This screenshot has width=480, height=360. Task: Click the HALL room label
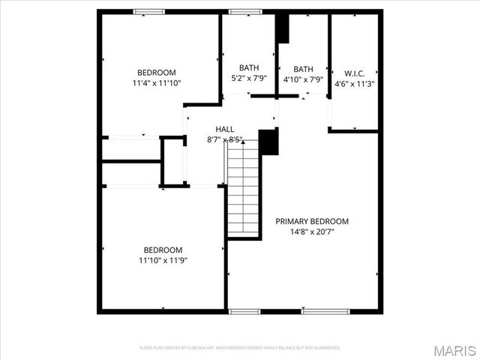click(225, 129)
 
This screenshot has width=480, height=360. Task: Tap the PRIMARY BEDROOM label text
click(312, 221)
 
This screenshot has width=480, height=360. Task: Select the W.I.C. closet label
click(354, 73)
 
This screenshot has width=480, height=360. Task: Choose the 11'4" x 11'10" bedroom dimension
click(156, 83)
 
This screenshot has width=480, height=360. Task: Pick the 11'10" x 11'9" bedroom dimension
click(163, 260)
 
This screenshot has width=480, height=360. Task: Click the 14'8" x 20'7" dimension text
click(312, 232)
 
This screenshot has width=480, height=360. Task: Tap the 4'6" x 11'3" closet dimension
click(354, 83)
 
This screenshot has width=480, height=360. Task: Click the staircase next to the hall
click(243, 189)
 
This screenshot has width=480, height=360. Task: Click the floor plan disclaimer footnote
click(240, 348)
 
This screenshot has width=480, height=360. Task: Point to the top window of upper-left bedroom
click(149, 12)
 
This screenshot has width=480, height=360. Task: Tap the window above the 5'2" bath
click(241, 12)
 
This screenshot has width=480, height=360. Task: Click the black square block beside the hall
click(268, 142)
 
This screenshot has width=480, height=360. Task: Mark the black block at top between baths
click(283, 27)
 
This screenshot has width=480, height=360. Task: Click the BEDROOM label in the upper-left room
click(156, 73)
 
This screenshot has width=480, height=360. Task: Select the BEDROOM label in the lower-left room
click(163, 250)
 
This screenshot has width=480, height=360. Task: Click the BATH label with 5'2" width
click(249, 68)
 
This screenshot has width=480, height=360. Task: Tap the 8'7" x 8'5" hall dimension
click(225, 139)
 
